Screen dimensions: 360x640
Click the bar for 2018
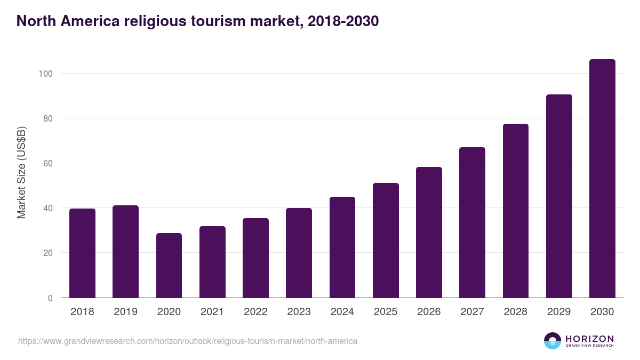pos(82,253)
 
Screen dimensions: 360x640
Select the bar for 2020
pos(169,266)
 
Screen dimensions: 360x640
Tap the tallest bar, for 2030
pos(602,179)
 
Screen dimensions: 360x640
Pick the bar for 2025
pos(386,241)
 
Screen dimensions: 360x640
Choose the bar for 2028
pos(515,211)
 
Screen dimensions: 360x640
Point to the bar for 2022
pos(255,258)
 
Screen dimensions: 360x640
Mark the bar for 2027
pos(472,222)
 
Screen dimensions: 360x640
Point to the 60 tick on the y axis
pos(47,163)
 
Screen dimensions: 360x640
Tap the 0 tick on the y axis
pos(50,298)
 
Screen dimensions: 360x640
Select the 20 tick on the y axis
pos(47,253)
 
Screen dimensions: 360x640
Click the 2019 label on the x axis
pos(125,312)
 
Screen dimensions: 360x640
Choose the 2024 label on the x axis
pos(342,312)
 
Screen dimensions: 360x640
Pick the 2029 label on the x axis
pos(559,312)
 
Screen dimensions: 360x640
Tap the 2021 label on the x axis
pos(212,312)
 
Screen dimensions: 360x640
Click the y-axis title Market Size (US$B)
pos(21,172)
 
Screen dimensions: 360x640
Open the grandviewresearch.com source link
pos(188,341)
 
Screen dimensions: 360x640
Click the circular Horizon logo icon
pos(553,341)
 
